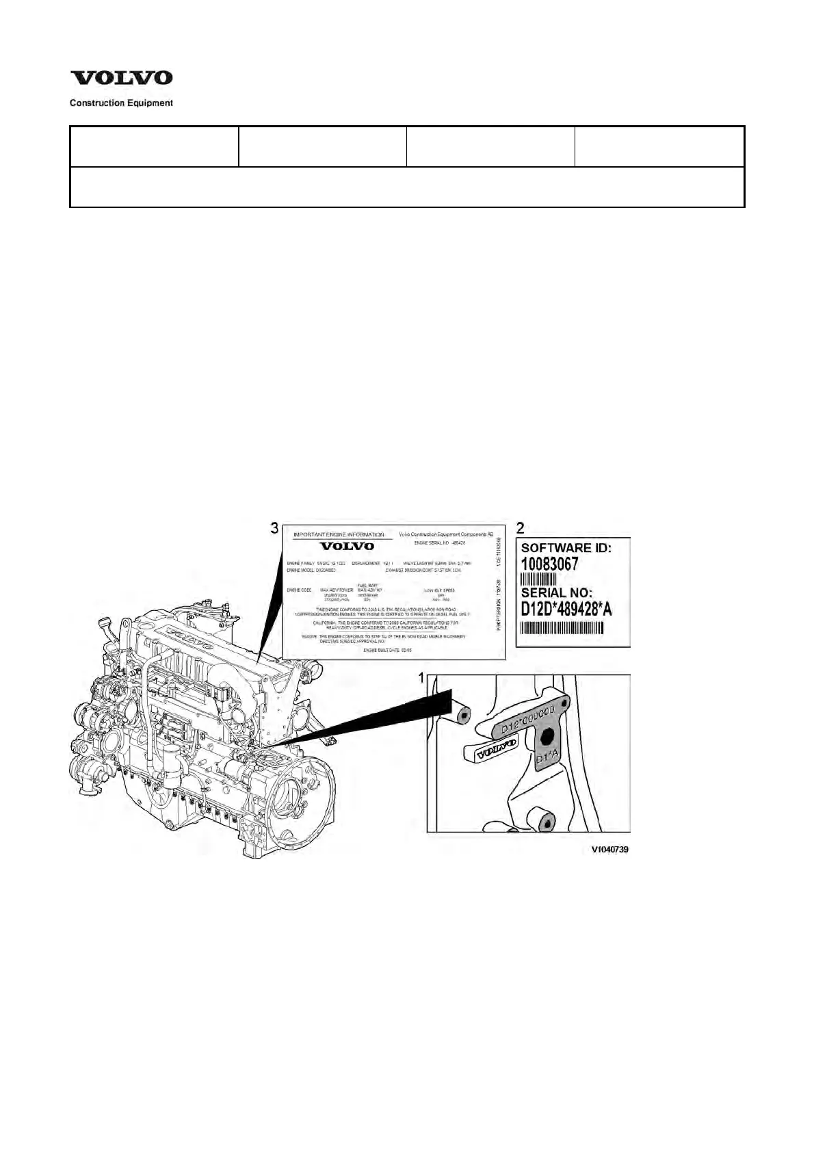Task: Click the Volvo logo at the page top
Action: click(x=122, y=78)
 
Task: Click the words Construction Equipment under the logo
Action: click(x=122, y=103)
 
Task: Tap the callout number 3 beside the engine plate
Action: click(x=274, y=528)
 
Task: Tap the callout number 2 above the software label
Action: click(x=521, y=528)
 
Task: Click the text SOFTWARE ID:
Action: click(x=566, y=548)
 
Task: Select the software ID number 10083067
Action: click(x=550, y=564)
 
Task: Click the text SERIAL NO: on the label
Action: click(x=557, y=592)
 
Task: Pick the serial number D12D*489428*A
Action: click(x=566, y=609)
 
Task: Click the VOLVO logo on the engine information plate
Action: click(x=347, y=546)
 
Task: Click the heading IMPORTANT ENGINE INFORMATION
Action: click(x=339, y=534)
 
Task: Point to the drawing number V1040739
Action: click(x=609, y=849)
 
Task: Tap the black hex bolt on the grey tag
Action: click(x=546, y=736)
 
